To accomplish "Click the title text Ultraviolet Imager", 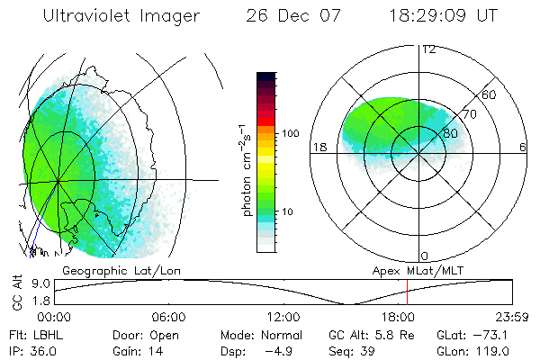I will pos(123,17).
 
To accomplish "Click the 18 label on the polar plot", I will pos(319,147).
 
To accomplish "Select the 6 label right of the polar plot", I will pos(523,147).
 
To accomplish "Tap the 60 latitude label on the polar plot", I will pos(490,95).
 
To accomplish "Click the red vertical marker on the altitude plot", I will pos(407,292).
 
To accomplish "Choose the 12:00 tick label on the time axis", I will pos(283,317).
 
